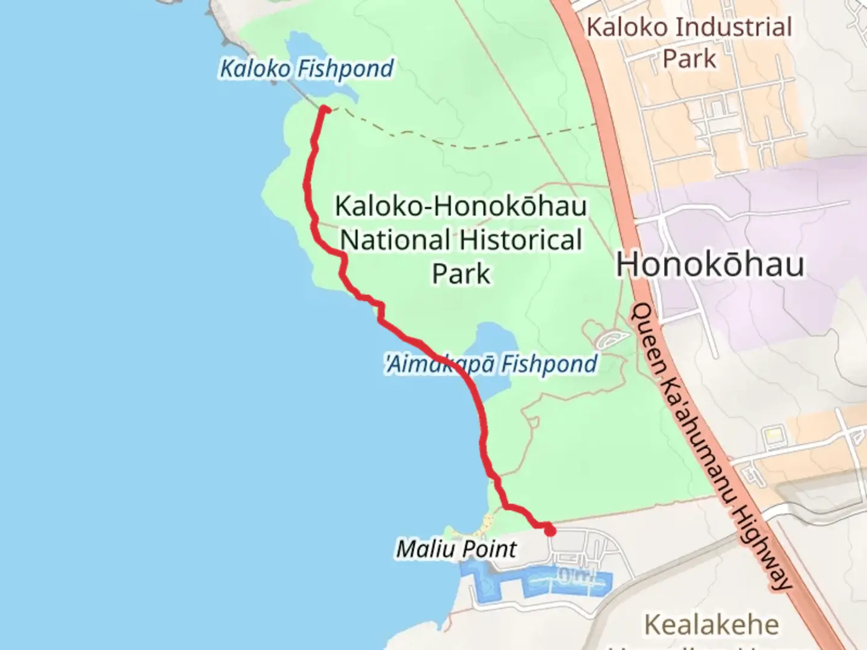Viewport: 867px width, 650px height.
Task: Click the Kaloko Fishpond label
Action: coord(306,69)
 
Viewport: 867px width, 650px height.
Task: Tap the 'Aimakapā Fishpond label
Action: coord(491,364)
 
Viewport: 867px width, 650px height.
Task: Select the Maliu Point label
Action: coord(456,549)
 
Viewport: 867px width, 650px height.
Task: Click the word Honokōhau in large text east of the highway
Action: coord(710,265)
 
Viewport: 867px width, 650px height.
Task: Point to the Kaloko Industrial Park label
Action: coord(689,43)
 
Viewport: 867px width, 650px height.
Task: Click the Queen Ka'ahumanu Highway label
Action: coord(710,445)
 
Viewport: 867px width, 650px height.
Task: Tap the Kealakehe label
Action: coord(711,625)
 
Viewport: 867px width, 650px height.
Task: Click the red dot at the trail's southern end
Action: coord(550,531)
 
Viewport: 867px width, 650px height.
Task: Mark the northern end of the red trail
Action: coord(325,110)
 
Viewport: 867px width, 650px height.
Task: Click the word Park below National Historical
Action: coord(461,274)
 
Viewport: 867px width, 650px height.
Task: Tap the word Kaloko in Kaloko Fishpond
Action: coord(255,69)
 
